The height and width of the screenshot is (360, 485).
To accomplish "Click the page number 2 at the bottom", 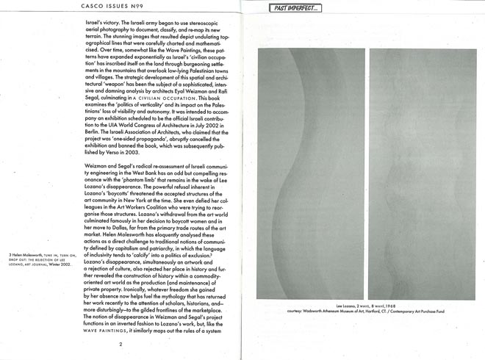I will tap(121, 342).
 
